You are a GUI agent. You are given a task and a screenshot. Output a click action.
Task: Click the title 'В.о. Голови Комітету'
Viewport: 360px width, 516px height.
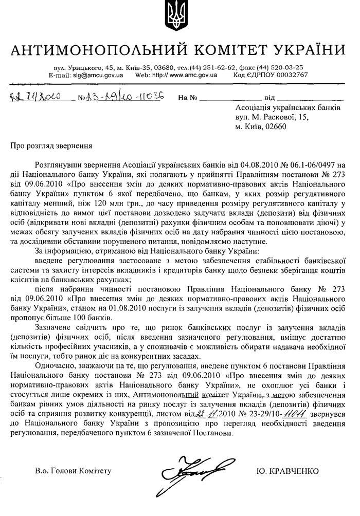coord(73,471)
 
